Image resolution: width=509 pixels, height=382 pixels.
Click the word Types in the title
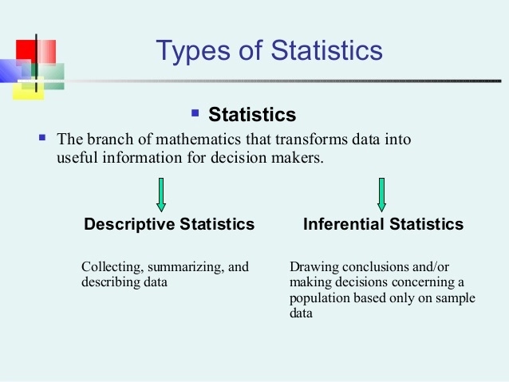[187, 50]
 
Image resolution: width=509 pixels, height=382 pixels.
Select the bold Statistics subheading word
[251, 115]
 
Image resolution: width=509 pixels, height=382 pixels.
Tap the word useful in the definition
[77, 157]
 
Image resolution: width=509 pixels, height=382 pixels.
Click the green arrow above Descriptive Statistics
[160, 195]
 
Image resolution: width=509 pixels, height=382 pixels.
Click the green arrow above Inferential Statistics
[381, 195]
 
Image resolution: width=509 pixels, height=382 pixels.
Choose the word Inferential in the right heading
[341, 225]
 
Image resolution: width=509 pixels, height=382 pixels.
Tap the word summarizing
[184, 266]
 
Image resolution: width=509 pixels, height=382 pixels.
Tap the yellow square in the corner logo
[26, 89]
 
